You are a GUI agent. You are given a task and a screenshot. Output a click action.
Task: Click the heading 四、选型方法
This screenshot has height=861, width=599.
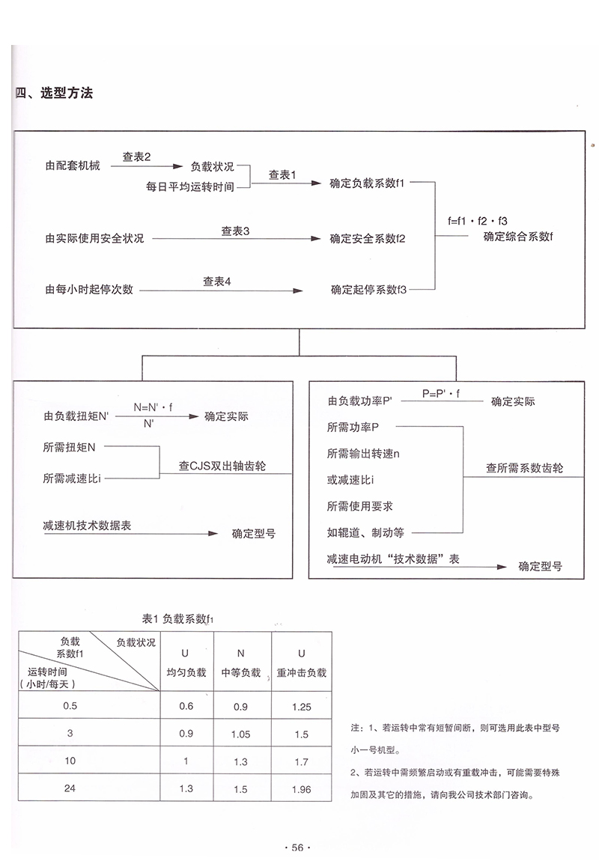(x=54, y=94)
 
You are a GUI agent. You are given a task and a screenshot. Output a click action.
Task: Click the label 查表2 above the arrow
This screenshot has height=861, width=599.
(x=137, y=156)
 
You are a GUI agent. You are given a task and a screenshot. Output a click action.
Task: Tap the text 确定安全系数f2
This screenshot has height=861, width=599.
(x=367, y=239)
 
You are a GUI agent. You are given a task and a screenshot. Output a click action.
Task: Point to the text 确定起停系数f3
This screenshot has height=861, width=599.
(x=367, y=289)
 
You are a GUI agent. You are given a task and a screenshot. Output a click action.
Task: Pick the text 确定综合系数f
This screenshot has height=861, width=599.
(x=518, y=237)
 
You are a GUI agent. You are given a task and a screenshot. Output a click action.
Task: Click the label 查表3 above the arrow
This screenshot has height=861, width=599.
(x=234, y=231)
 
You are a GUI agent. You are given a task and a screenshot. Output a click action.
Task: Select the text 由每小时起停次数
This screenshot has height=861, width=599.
(x=89, y=289)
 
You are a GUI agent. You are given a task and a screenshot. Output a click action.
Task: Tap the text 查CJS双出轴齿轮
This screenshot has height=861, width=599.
(x=222, y=466)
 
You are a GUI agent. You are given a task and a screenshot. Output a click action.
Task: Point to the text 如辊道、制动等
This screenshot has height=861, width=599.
(x=365, y=533)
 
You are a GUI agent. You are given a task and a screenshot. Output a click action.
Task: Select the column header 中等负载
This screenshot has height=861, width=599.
(x=241, y=673)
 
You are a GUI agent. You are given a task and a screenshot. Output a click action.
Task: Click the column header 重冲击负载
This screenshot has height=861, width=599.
(x=302, y=673)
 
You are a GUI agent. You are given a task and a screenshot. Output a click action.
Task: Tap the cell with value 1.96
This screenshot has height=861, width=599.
(x=302, y=788)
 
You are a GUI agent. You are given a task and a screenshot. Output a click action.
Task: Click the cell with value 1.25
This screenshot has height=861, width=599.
(x=302, y=706)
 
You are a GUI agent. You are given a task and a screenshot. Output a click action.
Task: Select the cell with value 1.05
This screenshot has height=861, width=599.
(x=241, y=734)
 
